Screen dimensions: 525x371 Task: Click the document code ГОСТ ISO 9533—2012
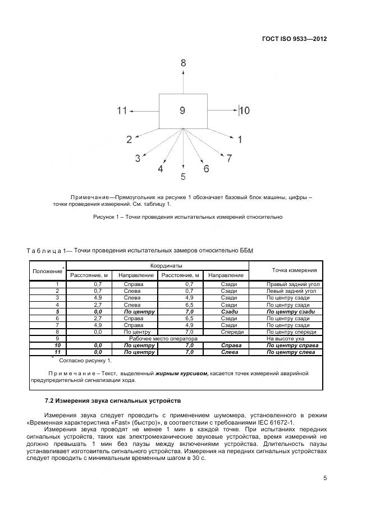[294, 39]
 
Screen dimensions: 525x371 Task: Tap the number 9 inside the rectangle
[182, 111]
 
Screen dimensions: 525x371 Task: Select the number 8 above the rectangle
[183, 63]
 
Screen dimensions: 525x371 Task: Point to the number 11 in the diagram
[122, 111]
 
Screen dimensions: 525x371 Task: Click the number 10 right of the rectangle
[245, 111]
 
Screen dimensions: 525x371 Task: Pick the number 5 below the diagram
[183, 177]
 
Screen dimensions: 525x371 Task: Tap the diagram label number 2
[129, 140]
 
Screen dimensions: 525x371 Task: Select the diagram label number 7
[228, 158]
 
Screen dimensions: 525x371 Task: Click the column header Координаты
[158, 265]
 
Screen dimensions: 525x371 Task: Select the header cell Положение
[47, 271]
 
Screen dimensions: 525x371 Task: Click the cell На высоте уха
[285, 339]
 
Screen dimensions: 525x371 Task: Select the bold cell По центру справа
[292, 346]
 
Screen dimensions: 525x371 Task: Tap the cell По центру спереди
[287, 331]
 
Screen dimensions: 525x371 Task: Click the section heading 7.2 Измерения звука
[113, 402]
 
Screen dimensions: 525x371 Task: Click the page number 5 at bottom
[325, 478]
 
